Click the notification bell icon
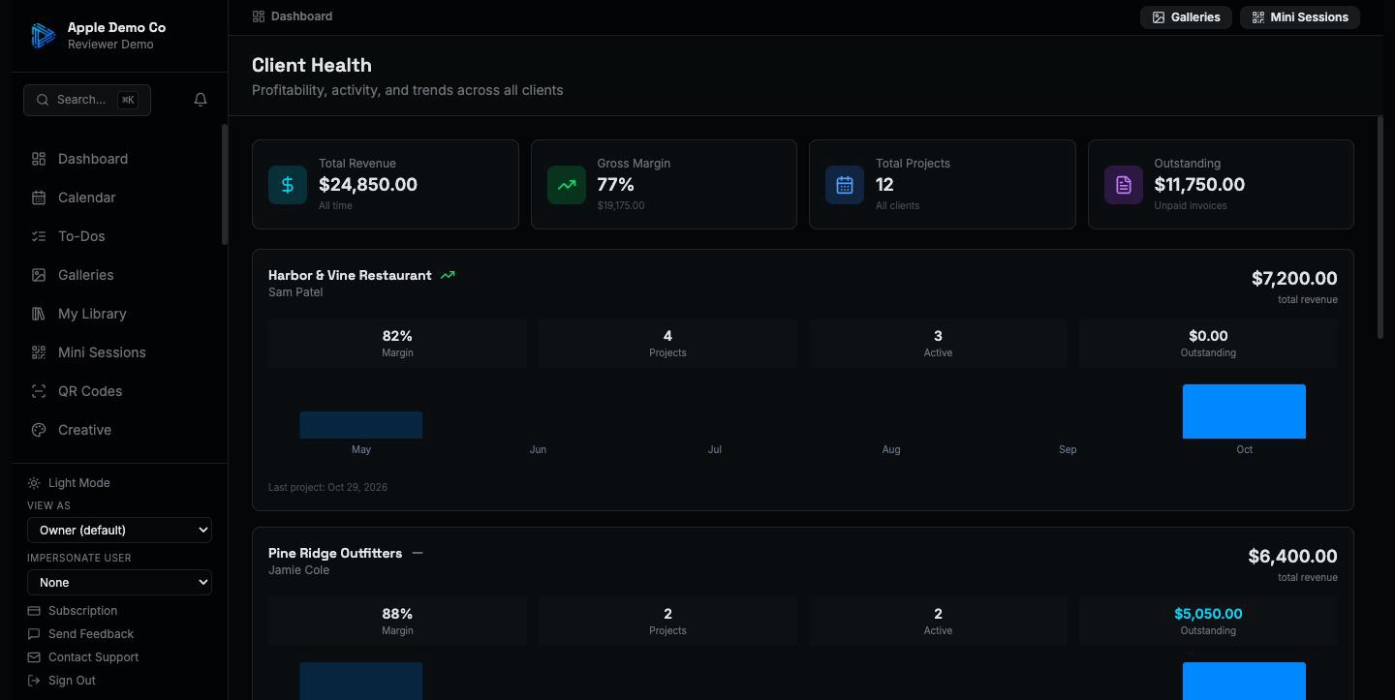[x=200, y=100]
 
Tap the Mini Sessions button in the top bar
[x=1300, y=17]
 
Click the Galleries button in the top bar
[x=1186, y=17]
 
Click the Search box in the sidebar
[x=87, y=100]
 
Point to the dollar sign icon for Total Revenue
[x=287, y=185]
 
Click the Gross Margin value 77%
[x=615, y=185]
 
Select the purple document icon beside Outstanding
[x=1123, y=185]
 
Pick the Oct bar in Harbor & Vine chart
[x=1244, y=411]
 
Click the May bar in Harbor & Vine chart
[x=360, y=425]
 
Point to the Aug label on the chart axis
[x=890, y=449]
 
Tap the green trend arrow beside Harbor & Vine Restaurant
[x=448, y=275]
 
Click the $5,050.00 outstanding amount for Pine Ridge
[x=1207, y=614]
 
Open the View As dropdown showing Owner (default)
[x=119, y=531]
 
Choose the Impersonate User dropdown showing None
[x=119, y=583]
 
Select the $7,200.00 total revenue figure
[x=1294, y=278]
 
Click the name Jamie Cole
[x=299, y=570]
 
